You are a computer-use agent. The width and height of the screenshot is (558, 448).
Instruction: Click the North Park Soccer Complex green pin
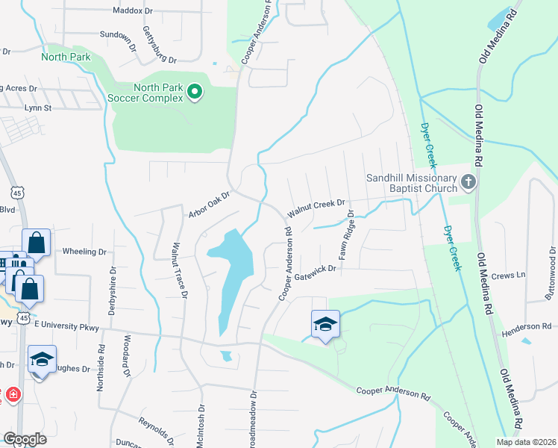click(x=195, y=92)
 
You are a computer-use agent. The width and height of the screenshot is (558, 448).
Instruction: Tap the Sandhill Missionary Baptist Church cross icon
click(x=468, y=181)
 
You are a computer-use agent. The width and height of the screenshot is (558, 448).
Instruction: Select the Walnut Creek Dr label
click(x=316, y=207)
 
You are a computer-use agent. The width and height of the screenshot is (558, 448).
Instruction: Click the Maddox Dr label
click(x=132, y=10)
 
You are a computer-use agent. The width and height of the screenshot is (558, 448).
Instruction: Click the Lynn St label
click(x=37, y=108)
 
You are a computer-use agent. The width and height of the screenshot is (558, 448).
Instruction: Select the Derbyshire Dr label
click(x=111, y=291)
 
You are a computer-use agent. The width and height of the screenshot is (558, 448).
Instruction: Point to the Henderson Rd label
click(x=525, y=326)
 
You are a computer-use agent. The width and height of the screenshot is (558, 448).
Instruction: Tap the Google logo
click(x=25, y=439)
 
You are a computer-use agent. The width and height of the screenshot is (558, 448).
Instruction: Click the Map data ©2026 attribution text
click(x=525, y=442)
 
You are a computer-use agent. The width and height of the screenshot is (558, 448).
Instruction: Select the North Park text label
click(x=66, y=57)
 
